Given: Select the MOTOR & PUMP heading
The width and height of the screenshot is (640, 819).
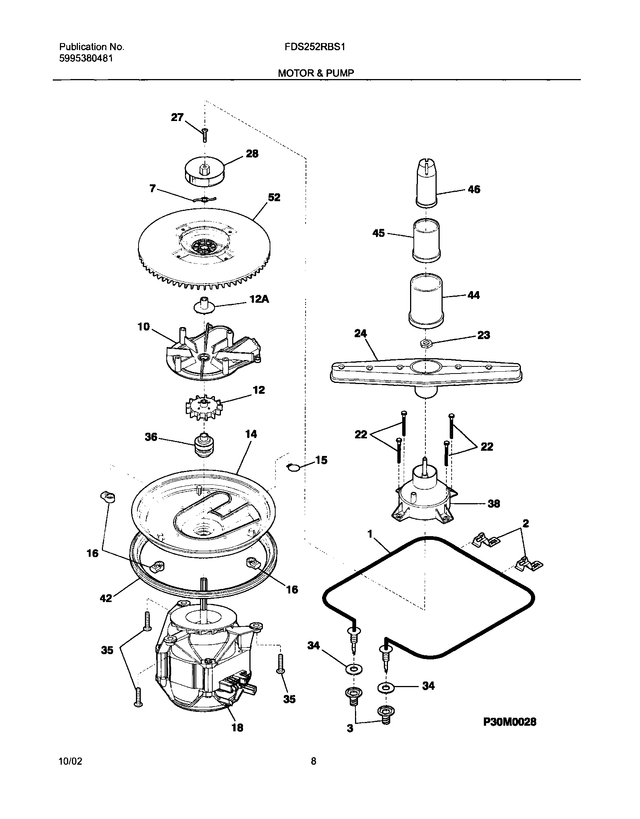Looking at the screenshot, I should coord(316,73).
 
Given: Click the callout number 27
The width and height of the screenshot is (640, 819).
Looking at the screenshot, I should coord(177,117).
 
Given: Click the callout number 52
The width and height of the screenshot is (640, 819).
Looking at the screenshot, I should coord(274,197).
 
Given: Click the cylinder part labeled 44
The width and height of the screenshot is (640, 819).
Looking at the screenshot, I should coord(426,301).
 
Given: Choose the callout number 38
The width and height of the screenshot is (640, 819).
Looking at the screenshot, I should coord(494,504).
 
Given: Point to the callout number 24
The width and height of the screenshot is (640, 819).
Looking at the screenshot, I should coord(360,333).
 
